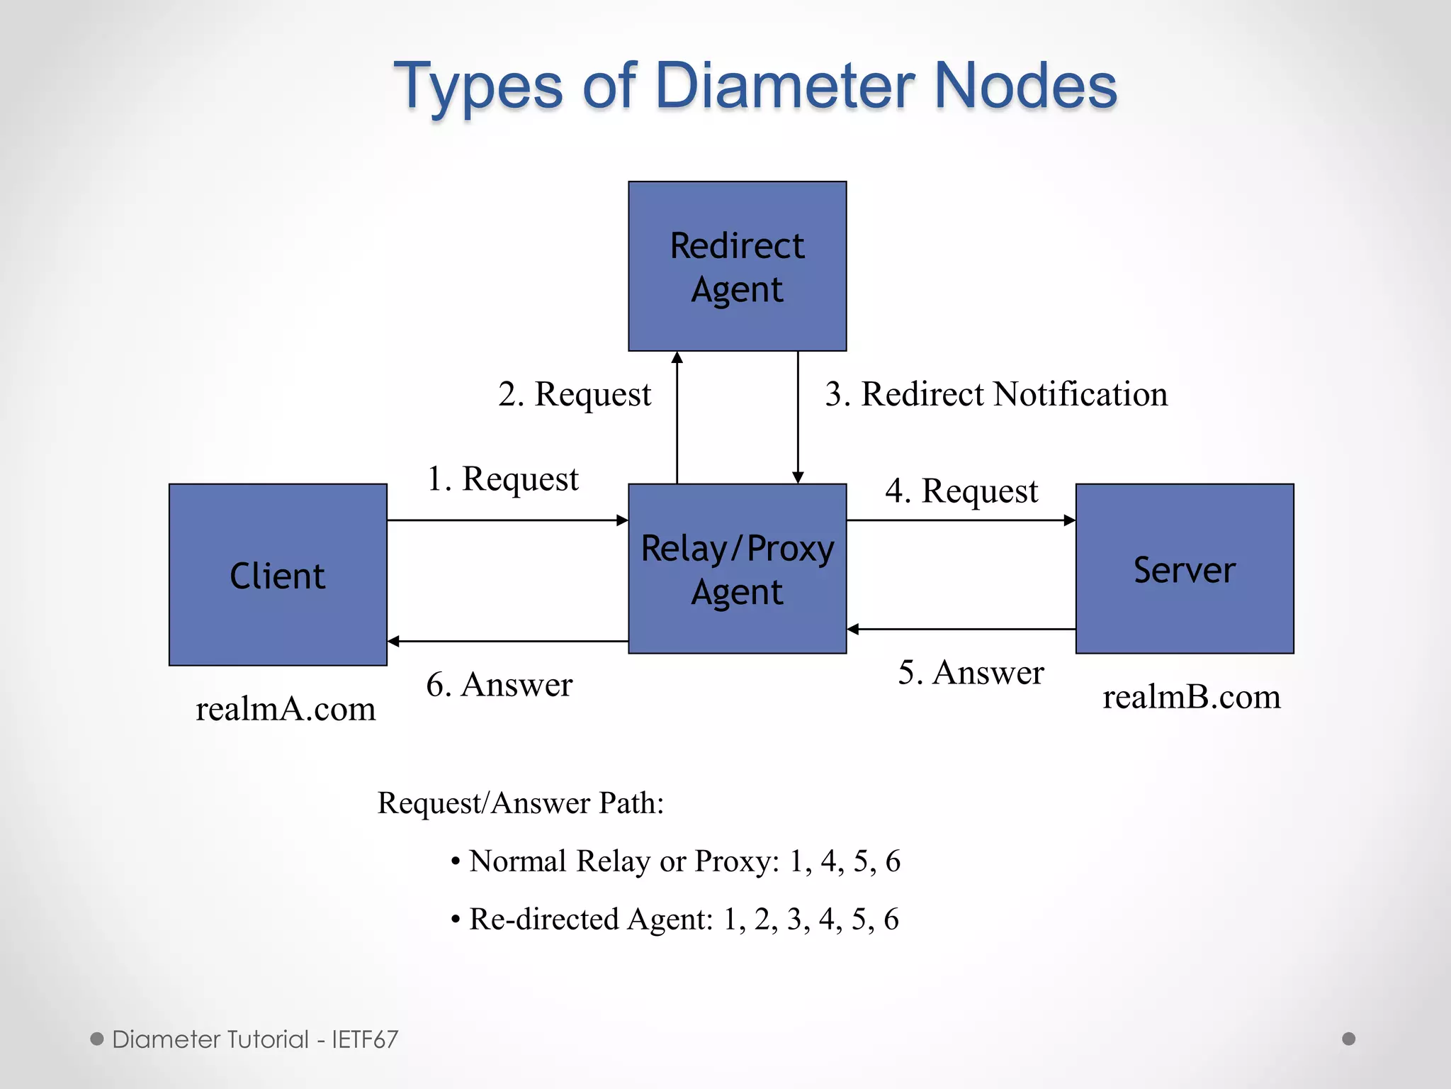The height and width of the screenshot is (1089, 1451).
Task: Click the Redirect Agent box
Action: click(737, 266)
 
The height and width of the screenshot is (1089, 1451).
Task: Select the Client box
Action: click(278, 574)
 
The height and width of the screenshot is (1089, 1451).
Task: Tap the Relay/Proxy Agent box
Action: click(737, 569)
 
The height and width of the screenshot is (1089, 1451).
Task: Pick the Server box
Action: click(1185, 569)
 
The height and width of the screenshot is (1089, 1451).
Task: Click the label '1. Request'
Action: click(502, 479)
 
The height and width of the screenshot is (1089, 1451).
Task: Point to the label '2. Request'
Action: click(574, 394)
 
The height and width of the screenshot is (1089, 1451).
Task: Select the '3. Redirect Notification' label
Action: click(996, 394)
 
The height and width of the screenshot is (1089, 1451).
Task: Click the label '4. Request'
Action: click(961, 491)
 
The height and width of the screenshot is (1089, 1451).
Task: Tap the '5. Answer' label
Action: click(971, 673)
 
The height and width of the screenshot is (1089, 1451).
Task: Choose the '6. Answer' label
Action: click(499, 685)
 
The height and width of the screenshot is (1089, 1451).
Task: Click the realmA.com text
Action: click(286, 709)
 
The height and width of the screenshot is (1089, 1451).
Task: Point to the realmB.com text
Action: click(1192, 697)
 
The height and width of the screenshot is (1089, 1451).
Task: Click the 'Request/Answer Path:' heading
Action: click(521, 803)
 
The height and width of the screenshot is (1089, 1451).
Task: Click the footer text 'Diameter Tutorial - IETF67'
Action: click(255, 1039)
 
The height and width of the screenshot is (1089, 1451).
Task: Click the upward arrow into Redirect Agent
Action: click(677, 418)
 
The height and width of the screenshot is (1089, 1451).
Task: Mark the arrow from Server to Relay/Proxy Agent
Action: click(961, 629)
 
